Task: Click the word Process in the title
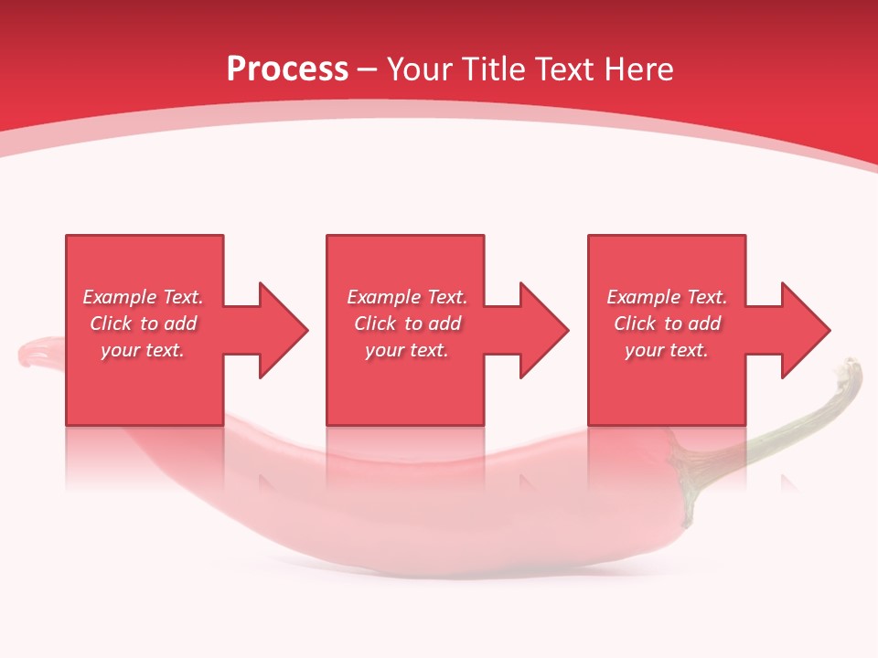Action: (287, 69)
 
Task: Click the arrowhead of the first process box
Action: (283, 330)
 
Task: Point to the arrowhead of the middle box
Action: (543, 330)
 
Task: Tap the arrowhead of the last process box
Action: (805, 330)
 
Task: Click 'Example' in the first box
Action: (118, 297)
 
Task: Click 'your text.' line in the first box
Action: (143, 350)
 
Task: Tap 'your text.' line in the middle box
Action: (407, 350)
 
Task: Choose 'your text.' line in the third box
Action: (667, 350)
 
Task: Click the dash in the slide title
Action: (368, 70)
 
